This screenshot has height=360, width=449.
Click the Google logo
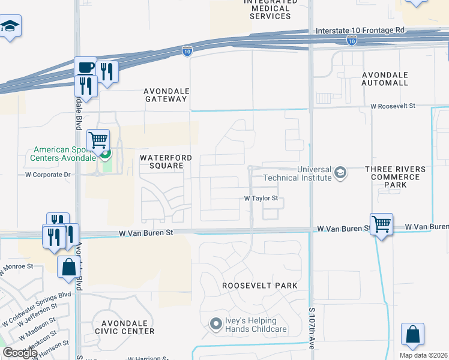(x=20, y=353)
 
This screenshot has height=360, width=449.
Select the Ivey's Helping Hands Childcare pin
(x=216, y=325)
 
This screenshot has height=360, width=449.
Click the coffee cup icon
(x=85, y=67)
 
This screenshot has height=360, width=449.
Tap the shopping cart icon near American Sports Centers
(x=98, y=140)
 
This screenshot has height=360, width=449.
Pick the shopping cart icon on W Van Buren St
(x=381, y=224)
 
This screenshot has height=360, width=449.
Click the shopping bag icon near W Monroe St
(x=68, y=265)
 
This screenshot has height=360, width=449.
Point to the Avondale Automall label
(x=385, y=79)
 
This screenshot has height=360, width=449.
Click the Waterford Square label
(x=166, y=162)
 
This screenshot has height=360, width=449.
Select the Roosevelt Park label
(x=259, y=286)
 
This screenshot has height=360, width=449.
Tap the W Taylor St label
(x=261, y=198)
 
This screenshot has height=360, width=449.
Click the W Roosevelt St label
(x=393, y=106)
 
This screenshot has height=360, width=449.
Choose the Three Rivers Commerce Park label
(x=395, y=177)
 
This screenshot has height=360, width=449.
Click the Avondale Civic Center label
(x=124, y=327)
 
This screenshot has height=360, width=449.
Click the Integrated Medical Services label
(x=270, y=9)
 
